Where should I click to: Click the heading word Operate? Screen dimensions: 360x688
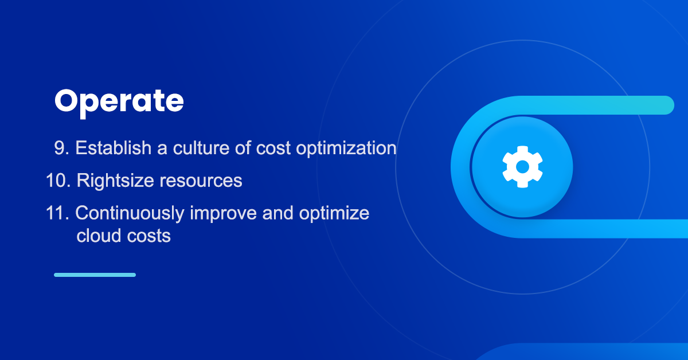click(x=119, y=101)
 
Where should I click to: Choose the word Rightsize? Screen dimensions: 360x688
click(x=115, y=181)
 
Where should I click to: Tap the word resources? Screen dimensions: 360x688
click(x=201, y=181)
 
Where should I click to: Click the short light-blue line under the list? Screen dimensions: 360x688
click(x=95, y=275)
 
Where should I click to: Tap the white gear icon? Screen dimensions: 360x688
click(x=522, y=167)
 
